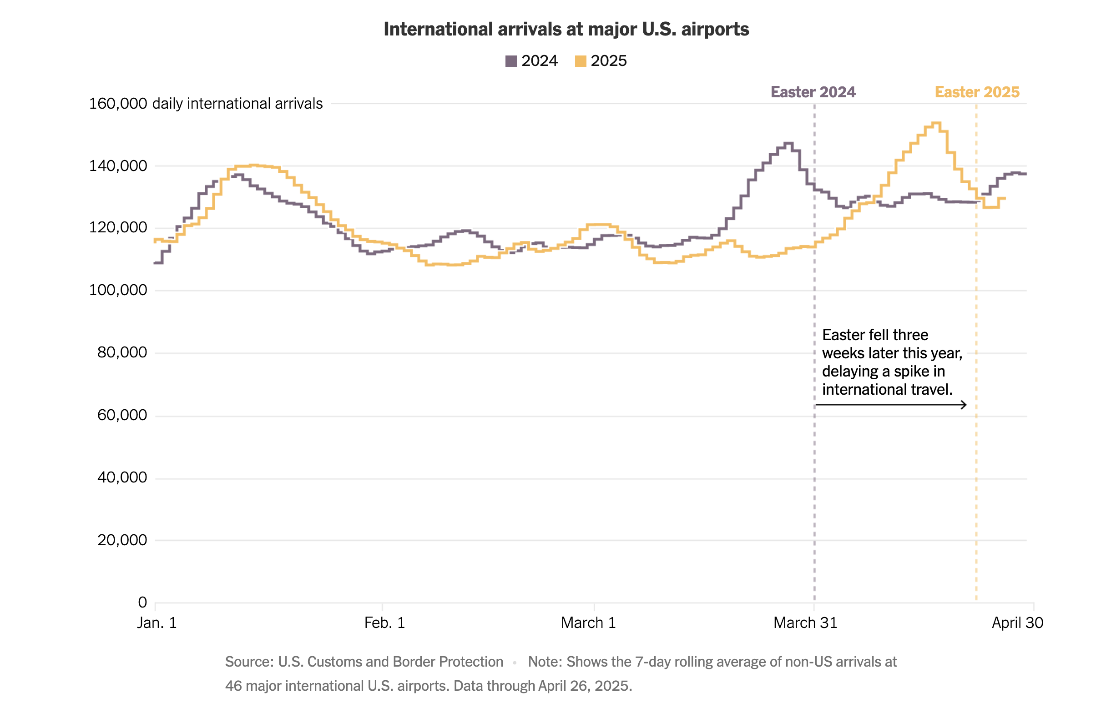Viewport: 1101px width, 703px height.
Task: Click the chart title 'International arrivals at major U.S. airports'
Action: coord(566,29)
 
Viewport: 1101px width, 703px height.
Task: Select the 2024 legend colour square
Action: coord(511,61)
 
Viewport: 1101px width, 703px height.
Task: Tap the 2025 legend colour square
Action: coord(580,61)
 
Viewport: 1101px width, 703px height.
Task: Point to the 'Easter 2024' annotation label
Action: coord(813,92)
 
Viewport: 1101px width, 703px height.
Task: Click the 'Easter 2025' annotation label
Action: coord(977,92)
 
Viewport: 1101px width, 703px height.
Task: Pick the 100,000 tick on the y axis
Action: coord(118,290)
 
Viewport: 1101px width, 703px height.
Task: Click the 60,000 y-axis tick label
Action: coord(122,415)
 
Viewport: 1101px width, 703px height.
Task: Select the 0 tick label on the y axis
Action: coord(142,603)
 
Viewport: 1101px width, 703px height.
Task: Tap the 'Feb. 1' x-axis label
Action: coord(384,623)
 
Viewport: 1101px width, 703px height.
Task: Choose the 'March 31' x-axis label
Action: coord(805,623)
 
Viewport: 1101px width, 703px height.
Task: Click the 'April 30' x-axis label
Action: coord(1017,623)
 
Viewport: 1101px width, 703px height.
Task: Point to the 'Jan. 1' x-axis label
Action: coord(157,623)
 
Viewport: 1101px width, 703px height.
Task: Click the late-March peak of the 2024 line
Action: coord(788,143)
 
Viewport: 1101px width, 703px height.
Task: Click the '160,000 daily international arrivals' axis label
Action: coord(206,104)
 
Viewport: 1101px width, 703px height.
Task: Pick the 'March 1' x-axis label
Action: coord(588,623)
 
